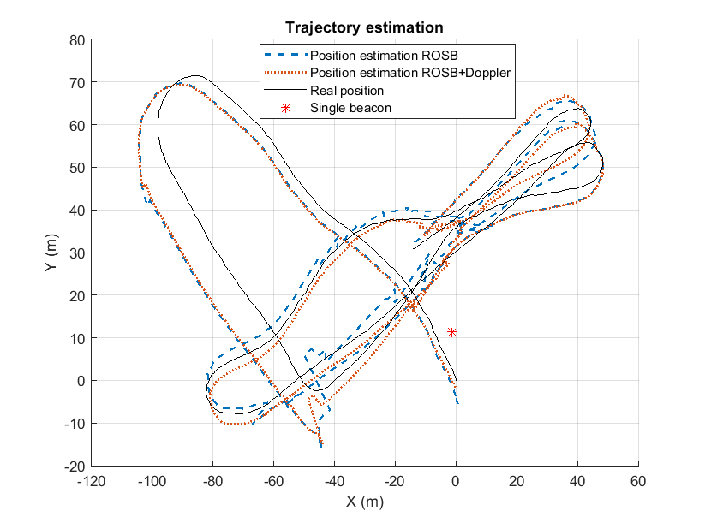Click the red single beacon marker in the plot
451,332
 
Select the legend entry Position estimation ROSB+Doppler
410,73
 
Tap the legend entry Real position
347,90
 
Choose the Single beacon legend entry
345,107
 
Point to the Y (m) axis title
51,253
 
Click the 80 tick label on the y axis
75,39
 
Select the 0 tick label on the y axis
79,381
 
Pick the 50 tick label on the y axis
75,168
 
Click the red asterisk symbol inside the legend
284,107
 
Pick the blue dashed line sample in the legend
284,56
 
